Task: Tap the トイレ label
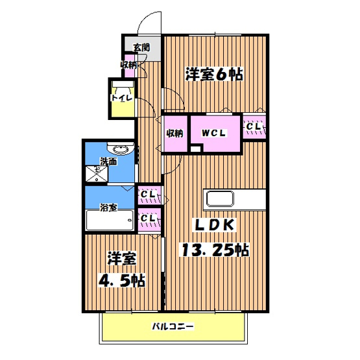[121, 98]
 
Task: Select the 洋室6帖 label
[213, 74]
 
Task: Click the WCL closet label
[213, 133]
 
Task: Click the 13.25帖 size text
[214, 249]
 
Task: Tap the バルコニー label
[173, 326]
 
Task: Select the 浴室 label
[108, 208]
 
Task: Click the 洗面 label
[108, 160]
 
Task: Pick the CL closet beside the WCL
[254, 126]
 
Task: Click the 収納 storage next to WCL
[174, 133]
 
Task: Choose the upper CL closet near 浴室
[148, 193]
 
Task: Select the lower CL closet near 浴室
[148, 219]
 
